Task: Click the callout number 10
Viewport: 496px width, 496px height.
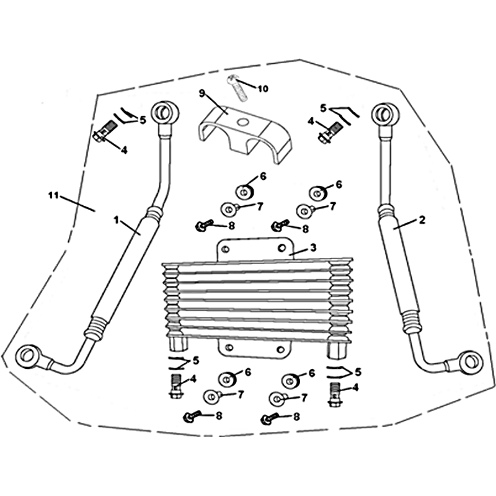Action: point(263,89)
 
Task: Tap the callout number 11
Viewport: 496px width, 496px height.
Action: point(53,195)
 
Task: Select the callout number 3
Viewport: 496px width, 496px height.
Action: point(313,247)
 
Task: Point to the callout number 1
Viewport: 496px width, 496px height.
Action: point(117,219)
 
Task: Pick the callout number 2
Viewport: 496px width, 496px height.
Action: point(422,220)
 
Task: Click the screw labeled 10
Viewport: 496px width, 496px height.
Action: point(237,89)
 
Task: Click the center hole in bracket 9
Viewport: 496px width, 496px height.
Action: point(243,122)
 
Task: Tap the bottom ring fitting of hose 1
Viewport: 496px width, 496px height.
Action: point(29,356)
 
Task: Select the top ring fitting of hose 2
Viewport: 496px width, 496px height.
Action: point(385,113)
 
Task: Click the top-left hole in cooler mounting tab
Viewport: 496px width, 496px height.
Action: point(226,249)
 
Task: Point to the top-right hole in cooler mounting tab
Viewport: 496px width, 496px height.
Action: point(281,248)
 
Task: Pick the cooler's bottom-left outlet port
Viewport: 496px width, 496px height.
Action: point(178,343)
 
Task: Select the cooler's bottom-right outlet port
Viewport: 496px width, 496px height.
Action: point(337,350)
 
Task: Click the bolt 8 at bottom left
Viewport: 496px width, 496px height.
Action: point(192,416)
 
